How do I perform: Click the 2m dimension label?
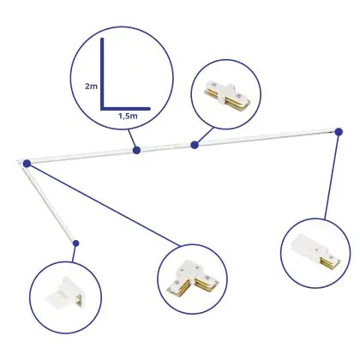[91, 86]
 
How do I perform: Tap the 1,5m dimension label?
[128, 116]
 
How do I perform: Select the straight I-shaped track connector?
[226, 96]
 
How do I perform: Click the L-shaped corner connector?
[193, 279]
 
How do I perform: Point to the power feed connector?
[315, 251]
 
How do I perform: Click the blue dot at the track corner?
[27, 164]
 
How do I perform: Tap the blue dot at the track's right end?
[339, 132]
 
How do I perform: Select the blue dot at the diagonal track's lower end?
[75, 243]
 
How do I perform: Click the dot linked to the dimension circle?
[136, 150]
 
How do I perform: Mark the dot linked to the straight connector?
[195, 145]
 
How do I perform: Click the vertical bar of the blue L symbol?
[102, 74]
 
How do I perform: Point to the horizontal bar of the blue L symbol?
[125, 109]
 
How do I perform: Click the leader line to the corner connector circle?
[104, 205]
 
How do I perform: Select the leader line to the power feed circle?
[332, 176]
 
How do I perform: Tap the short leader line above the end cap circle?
[75, 253]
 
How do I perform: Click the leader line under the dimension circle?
[132, 140]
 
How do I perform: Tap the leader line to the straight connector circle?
[204, 136]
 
